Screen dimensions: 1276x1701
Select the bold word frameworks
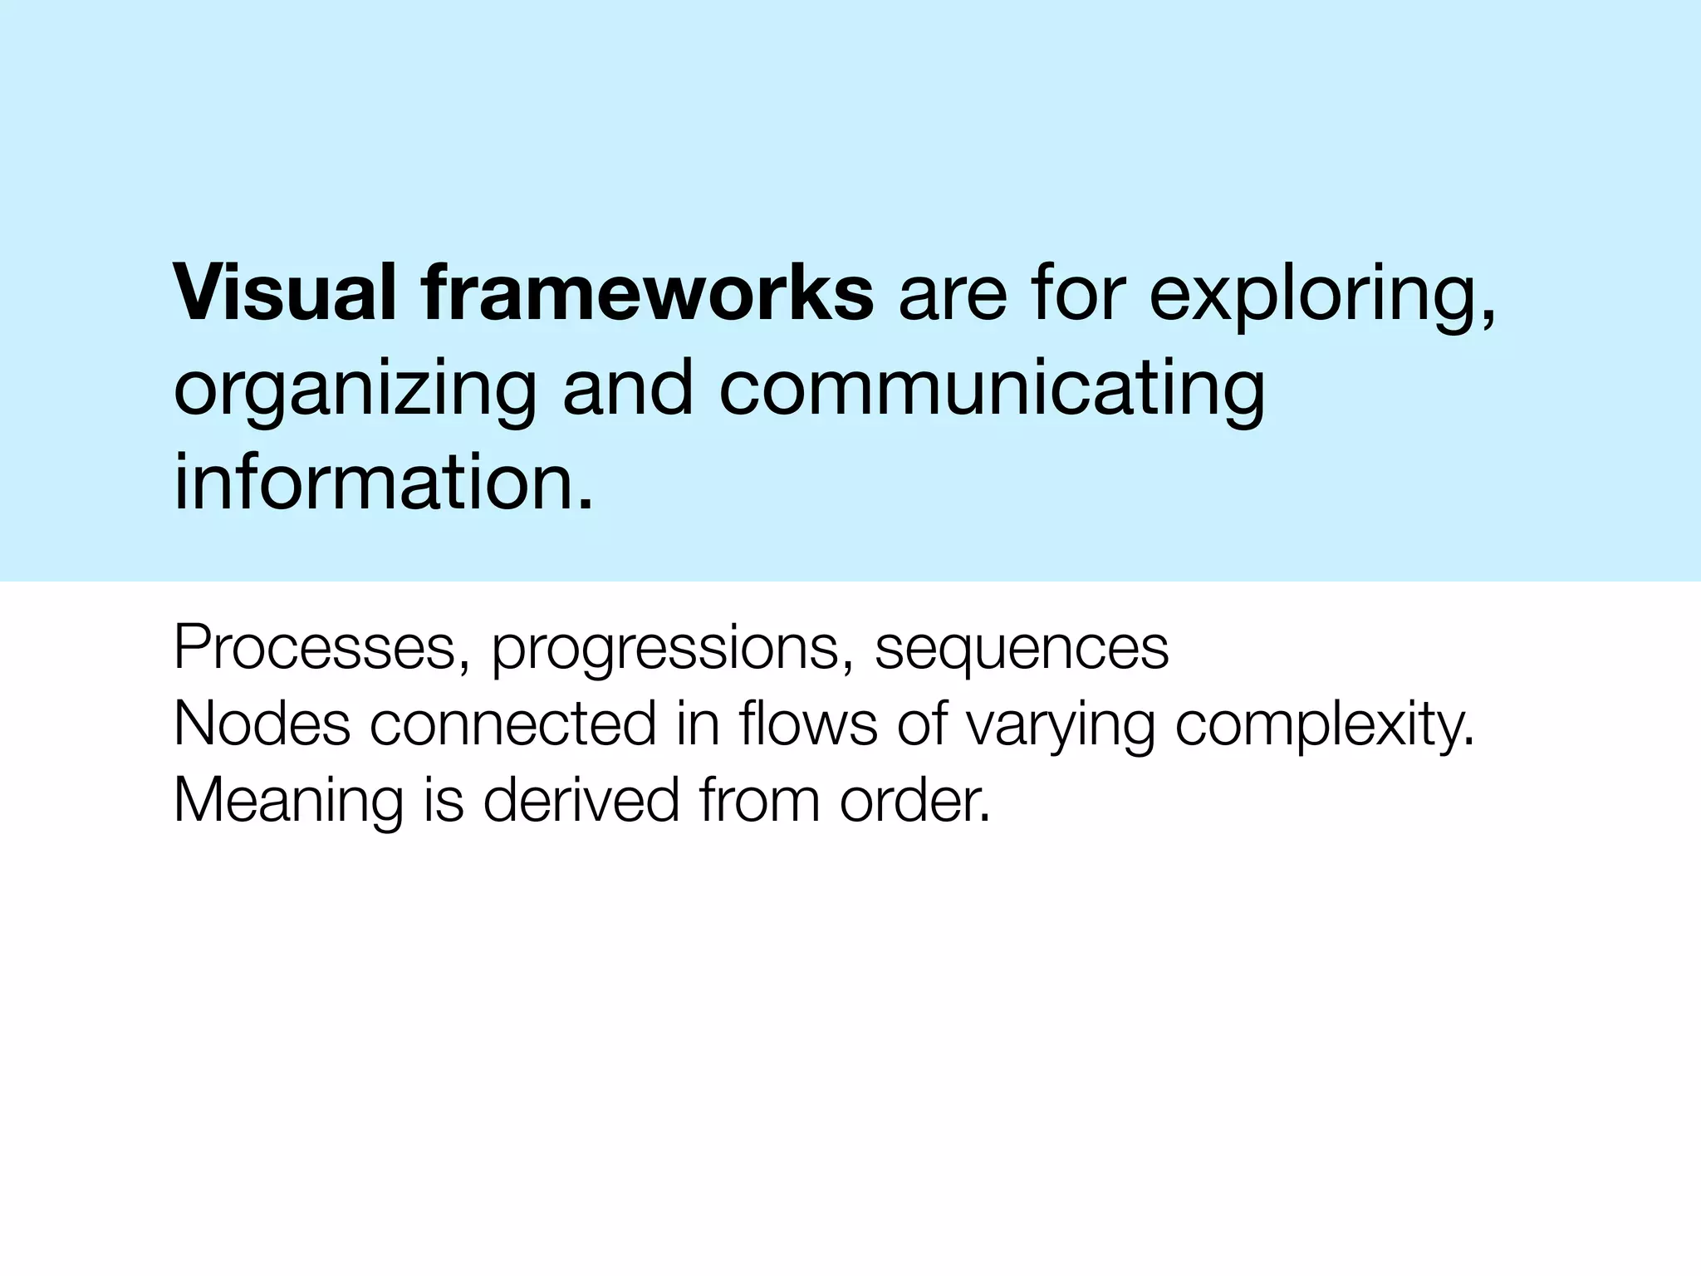(647, 293)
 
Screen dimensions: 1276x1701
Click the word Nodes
(262, 724)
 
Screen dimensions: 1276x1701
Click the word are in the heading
(952, 295)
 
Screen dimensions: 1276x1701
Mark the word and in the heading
(628, 390)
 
